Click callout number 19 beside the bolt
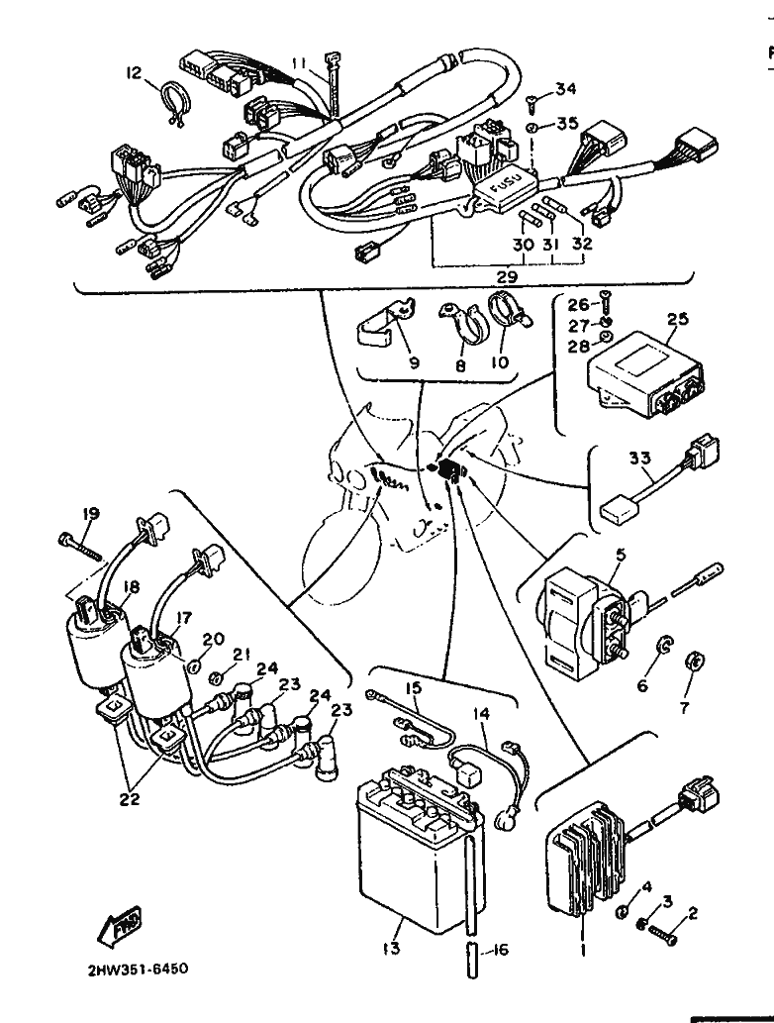[91, 514]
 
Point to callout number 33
[638, 459]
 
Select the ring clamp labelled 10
[507, 313]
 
